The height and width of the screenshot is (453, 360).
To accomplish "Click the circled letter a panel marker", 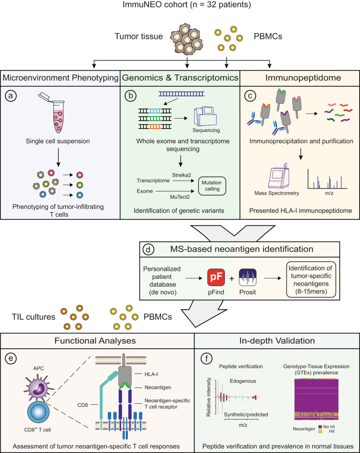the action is coord(11,96).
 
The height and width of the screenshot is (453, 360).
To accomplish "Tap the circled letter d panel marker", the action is coord(148,249).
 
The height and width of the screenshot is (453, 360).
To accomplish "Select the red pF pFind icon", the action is coord(216,277).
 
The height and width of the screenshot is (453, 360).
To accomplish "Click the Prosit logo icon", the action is coord(248,277).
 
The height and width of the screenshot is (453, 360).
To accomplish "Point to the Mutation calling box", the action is coord(212,186).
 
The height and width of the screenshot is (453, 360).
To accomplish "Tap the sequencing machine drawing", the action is coord(205,116).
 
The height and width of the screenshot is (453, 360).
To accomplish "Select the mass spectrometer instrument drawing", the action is coord(278,175).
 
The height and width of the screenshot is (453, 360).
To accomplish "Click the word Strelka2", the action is coord(181,175).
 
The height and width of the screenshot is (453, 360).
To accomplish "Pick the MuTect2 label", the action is coord(180,197).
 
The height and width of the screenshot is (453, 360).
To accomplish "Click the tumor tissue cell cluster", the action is coord(186,39).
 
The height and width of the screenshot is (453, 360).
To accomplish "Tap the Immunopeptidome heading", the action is coord(303,78).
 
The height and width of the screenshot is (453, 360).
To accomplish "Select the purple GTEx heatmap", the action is coord(316,399).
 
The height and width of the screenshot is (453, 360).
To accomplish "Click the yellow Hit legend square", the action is coord(320,431).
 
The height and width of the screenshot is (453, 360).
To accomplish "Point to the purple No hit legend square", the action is coord(320,427).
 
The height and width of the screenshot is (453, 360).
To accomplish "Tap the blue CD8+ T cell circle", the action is coord(39,412).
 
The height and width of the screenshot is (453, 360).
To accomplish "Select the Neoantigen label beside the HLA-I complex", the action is coord(158,387).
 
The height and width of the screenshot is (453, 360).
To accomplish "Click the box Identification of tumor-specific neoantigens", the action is coord(311,279).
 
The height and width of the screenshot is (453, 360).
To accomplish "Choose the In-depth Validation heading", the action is coord(277,341).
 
